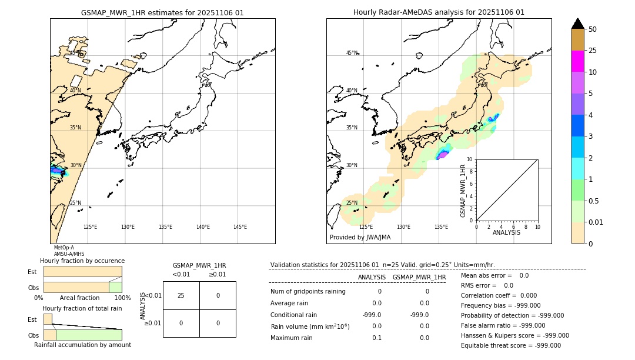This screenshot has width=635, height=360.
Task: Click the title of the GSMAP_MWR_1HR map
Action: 162,12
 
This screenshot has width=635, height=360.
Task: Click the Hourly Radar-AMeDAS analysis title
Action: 439,12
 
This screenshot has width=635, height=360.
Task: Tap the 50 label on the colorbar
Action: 593,29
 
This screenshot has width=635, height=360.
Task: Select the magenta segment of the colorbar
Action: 577,61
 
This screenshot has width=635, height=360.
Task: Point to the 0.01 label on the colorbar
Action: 596,222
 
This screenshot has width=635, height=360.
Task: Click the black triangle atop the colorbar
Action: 577,24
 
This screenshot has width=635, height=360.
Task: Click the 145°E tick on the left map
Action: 240,227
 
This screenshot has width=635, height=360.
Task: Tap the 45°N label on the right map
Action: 352,53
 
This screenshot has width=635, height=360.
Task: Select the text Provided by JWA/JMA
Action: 360,238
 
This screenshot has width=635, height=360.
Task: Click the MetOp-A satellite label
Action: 63,248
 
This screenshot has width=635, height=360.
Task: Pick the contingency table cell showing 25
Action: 181,295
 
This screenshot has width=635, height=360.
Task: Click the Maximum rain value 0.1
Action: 376,338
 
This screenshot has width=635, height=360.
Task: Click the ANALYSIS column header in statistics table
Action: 372,277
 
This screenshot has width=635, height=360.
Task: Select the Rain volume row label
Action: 310,326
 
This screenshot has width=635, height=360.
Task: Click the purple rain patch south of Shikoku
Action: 442,155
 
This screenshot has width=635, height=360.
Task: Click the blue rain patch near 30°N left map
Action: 56,171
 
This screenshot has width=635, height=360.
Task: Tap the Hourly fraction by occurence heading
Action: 82,261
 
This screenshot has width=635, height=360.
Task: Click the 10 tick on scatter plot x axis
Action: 537,226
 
